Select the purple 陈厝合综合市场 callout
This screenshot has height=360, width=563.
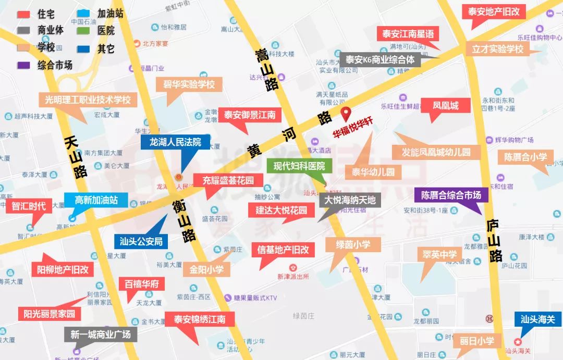tap(451, 195)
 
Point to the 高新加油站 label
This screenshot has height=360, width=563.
tap(96, 200)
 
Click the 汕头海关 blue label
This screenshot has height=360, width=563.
tap(537, 319)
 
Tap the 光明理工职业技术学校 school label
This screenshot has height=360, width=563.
tap(88, 100)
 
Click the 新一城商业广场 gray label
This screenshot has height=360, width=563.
tap(101, 334)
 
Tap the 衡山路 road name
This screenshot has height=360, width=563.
tap(184, 222)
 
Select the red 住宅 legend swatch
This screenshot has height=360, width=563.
tap(24, 14)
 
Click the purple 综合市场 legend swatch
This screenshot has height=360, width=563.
tap(24, 65)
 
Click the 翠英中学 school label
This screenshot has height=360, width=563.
tap(437, 255)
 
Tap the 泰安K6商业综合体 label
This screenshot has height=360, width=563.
tap(380, 59)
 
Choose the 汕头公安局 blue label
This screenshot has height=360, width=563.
tap(141, 241)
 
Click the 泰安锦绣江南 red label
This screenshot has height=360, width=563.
tap(200, 319)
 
